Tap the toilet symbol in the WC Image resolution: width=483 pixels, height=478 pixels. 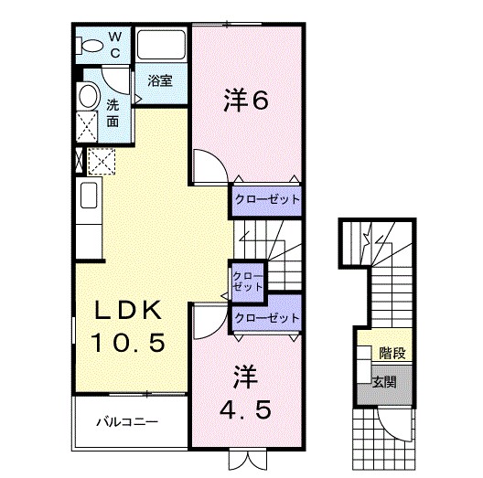[92, 46]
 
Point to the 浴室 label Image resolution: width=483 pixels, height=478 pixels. [160, 80]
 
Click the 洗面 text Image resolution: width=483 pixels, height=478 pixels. [112, 112]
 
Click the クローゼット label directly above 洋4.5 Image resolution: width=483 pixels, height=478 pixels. [266, 318]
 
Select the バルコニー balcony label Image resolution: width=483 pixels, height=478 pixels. [128, 422]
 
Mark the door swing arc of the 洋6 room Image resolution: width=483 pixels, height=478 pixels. [205, 166]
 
